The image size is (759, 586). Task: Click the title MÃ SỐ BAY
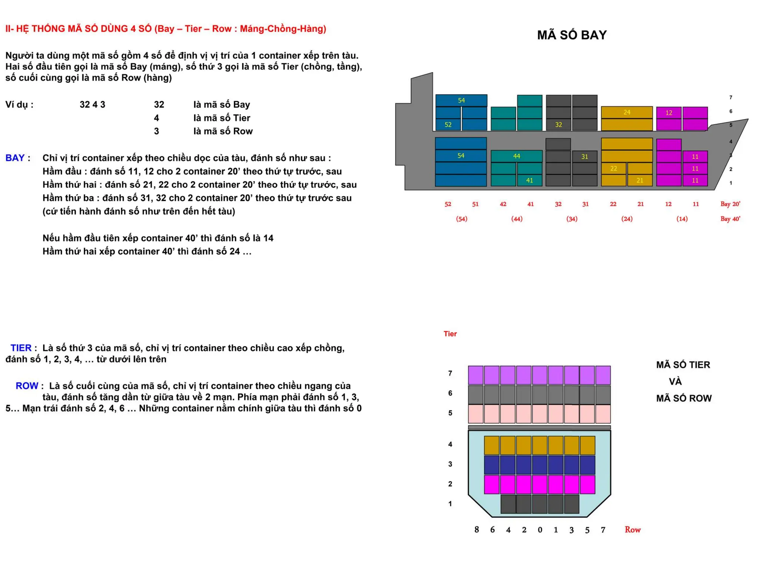[571, 35]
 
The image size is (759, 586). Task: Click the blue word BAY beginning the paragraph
[15, 158]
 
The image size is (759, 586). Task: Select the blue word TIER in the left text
[21, 348]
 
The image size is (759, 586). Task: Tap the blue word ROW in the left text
[27, 386]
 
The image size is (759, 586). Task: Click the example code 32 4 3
[92, 104]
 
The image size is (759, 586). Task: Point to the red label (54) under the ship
[461, 219]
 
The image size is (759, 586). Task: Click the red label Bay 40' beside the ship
[730, 219]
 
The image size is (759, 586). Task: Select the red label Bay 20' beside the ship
[730, 204]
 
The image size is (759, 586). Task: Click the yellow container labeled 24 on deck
[626, 112]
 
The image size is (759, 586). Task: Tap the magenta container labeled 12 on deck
[668, 113]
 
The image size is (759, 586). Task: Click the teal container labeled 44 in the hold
[516, 156]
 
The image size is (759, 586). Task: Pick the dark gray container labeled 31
[584, 157]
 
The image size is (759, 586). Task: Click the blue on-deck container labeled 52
[448, 125]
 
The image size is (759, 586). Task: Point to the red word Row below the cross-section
[632, 530]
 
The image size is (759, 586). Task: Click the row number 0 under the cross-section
[540, 530]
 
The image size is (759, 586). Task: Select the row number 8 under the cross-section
[476, 530]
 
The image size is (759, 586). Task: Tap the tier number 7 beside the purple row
[450, 373]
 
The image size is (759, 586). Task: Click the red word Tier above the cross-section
[450, 334]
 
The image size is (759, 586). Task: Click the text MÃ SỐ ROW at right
[683, 398]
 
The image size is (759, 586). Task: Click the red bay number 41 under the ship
[530, 204]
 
